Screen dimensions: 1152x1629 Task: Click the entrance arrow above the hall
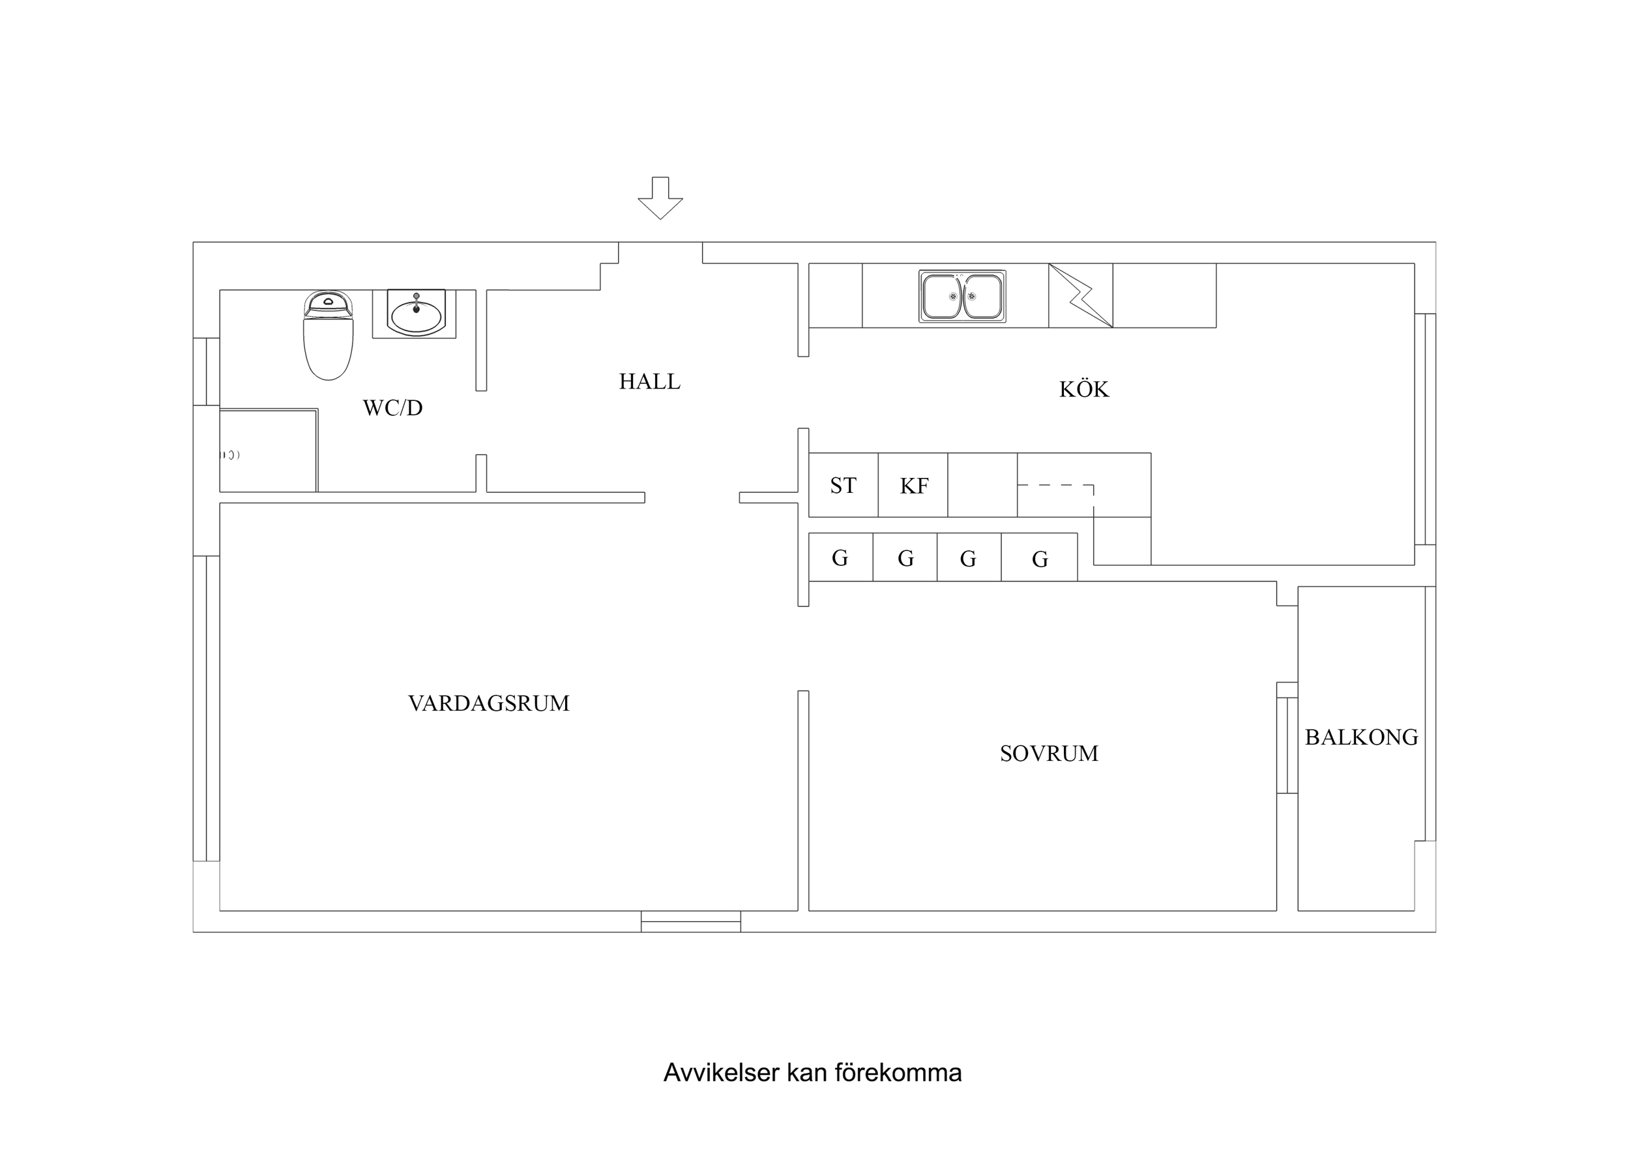tap(660, 199)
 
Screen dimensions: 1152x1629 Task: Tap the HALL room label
tap(649, 382)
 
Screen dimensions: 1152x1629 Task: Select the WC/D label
tap(392, 408)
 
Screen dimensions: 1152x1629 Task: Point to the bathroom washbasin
tap(416, 314)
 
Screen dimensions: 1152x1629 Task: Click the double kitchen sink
tap(962, 296)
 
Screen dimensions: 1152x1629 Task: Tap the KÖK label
tap(1083, 390)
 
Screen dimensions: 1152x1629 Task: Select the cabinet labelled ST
tap(843, 486)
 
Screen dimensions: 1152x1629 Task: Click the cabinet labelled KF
tap(913, 486)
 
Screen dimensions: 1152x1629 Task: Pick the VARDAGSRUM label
tap(488, 703)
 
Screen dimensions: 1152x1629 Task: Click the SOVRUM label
tap(1049, 753)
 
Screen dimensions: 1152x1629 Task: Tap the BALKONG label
tap(1361, 737)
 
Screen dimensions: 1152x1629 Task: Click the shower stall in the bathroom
tap(268, 450)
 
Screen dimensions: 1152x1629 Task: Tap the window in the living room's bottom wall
tap(690, 921)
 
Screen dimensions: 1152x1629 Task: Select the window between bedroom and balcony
tap(1287, 745)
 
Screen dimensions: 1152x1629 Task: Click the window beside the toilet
tap(207, 371)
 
